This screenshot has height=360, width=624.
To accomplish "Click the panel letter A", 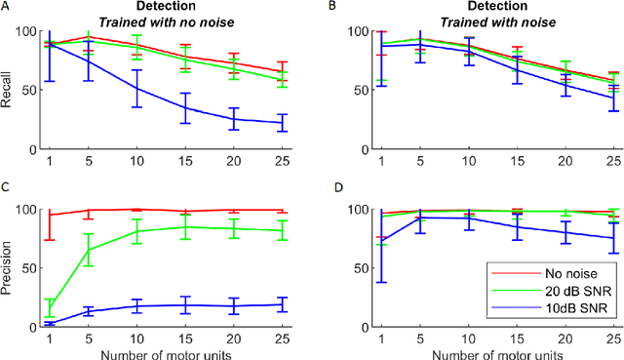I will coord(7,6).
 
